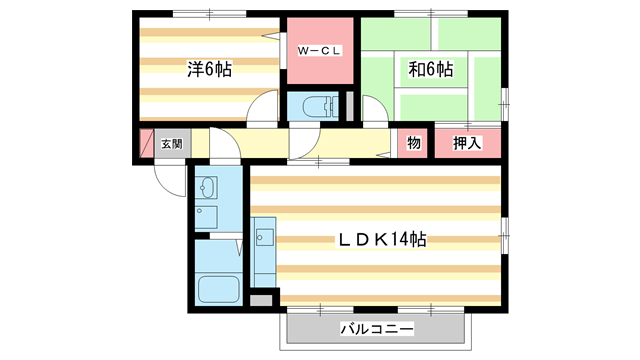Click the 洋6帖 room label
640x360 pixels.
click(x=209, y=70)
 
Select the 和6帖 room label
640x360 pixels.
click(x=430, y=70)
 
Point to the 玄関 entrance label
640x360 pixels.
click(x=172, y=144)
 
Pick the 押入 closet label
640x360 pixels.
click(x=467, y=143)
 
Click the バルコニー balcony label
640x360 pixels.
click(x=377, y=328)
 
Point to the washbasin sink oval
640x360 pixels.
click(x=207, y=187)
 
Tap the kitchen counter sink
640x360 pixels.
click(x=265, y=238)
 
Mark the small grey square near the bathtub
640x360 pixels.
click(x=261, y=299)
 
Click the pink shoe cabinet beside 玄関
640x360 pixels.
click(x=145, y=144)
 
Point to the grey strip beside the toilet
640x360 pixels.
click(x=350, y=105)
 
